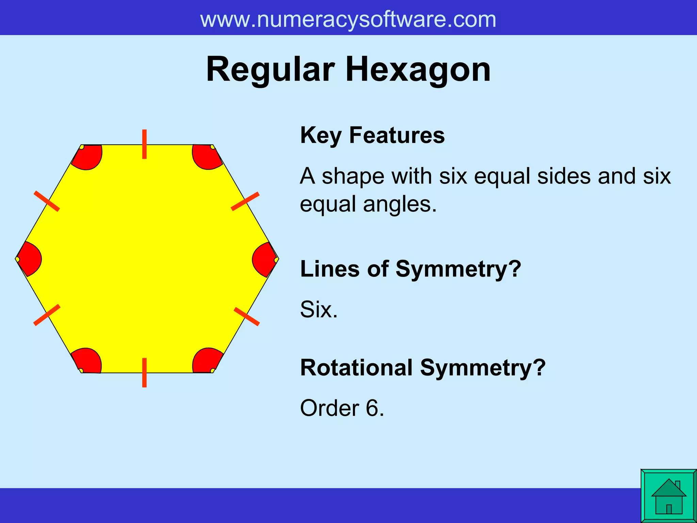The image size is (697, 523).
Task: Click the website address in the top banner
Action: click(x=348, y=19)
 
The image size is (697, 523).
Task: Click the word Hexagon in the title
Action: click(x=418, y=70)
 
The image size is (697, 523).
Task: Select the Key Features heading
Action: click(x=372, y=136)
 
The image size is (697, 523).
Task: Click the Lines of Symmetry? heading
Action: click(x=410, y=269)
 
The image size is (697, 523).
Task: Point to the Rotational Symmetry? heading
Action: click(x=423, y=368)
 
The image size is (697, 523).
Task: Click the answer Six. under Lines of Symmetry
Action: click(x=319, y=310)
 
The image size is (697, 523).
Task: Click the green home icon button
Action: click(x=668, y=496)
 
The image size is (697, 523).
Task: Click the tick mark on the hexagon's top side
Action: click(x=144, y=144)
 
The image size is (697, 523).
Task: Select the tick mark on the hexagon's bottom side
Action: click(x=144, y=373)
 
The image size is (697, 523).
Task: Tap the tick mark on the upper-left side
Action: click(x=47, y=201)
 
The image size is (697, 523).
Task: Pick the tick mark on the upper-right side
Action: click(x=245, y=201)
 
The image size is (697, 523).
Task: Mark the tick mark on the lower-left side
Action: click(x=47, y=315)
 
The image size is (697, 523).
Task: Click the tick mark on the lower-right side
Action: click(x=247, y=316)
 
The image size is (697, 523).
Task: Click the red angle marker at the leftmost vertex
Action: click(x=30, y=259)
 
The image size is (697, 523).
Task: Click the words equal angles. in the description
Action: click(x=368, y=204)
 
